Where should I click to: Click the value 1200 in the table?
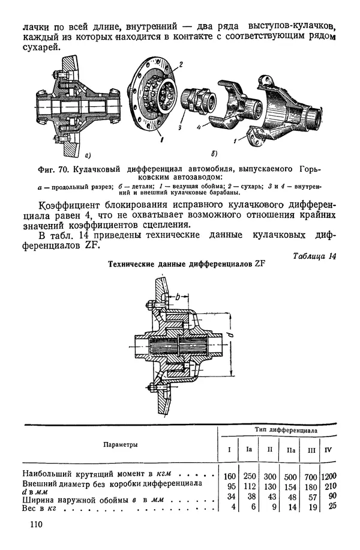point(329,476)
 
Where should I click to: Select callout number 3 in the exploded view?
point(178,127)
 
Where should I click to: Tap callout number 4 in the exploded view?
point(198,127)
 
